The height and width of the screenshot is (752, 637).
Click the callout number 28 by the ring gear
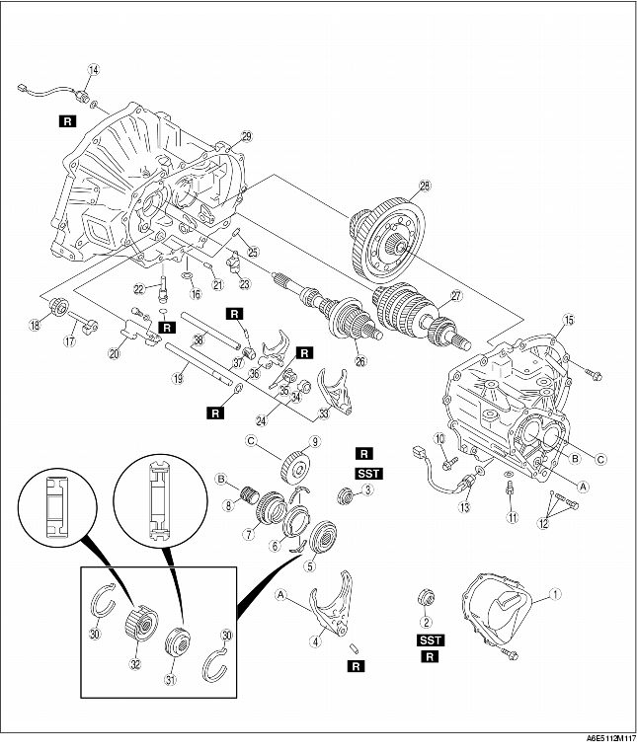[x=426, y=186]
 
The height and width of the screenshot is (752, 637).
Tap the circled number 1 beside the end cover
[x=555, y=594]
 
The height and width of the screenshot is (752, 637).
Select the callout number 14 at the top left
[x=94, y=70]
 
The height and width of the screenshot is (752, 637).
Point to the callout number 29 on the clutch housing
[x=246, y=136]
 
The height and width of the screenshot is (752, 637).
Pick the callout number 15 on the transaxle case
[x=568, y=320]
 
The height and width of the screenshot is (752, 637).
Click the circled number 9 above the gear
[x=315, y=441]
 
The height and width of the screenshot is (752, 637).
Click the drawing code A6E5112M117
[x=599, y=738]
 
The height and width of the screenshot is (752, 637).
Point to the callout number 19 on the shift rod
[x=179, y=376]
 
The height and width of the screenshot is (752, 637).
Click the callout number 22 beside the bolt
[x=141, y=287]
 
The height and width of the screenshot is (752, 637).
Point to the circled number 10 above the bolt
[x=441, y=438]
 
